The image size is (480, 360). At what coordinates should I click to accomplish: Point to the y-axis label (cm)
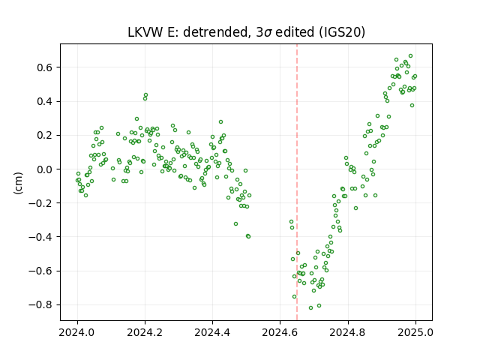pyautogui.click(x=18, y=183)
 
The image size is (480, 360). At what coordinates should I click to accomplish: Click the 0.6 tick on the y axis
pyautogui.click(x=46, y=67)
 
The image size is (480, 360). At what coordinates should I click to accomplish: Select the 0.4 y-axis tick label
pyautogui.click(x=46, y=101)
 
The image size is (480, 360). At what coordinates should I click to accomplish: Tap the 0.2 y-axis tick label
pyautogui.click(x=46, y=135)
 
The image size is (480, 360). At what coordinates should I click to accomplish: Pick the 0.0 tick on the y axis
pyautogui.click(x=46, y=169)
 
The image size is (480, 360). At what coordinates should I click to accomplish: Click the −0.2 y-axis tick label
pyautogui.click(x=42, y=203)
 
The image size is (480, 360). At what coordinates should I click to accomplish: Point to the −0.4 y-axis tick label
pyautogui.click(x=42, y=237)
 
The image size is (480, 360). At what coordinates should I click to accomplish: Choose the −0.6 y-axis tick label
pyautogui.click(x=42, y=271)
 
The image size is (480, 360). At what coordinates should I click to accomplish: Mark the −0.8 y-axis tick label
pyautogui.click(x=42, y=305)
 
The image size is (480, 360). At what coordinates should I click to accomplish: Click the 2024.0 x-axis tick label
pyautogui.click(x=77, y=332)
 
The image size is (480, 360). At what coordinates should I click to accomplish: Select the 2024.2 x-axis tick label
pyautogui.click(x=145, y=332)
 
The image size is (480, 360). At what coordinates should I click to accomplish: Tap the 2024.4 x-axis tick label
pyautogui.click(x=212, y=332)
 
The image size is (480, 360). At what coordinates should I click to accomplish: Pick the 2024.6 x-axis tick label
pyautogui.click(x=280, y=332)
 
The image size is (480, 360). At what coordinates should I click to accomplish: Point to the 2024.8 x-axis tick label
pyautogui.click(x=347, y=332)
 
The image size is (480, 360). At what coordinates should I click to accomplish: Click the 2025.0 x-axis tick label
pyautogui.click(x=415, y=332)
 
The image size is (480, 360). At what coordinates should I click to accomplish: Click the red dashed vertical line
pyautogui.click(x=297, y=182)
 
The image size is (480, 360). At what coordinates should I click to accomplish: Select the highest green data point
pyautogui.click(x=410, y=56)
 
